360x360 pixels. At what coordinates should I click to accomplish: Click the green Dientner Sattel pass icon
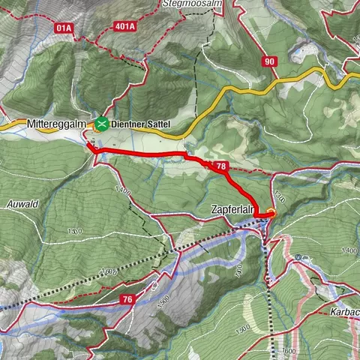pos(100,122)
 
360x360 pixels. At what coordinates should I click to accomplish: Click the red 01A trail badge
pos(63,28)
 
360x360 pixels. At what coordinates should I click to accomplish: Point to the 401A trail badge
pos(124,28)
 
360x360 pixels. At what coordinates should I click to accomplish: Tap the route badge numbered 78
pos(220,166)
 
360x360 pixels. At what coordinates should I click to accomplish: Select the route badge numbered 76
pos(127,299)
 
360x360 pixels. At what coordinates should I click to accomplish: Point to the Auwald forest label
pos(22,203)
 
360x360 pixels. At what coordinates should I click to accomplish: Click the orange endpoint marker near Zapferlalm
pos(271,214)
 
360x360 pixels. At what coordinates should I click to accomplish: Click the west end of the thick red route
pos(90,146)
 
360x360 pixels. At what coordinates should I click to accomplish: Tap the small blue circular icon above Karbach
pos(298,256)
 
